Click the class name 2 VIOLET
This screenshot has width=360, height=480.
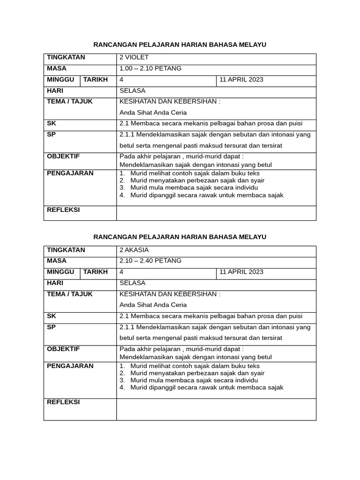pyautogui.click(x=134, y=57)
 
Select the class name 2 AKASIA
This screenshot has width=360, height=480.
pyautogui.click(x=134, y=250)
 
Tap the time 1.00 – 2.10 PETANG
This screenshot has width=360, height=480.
pyautogui.click(x=150, y=68)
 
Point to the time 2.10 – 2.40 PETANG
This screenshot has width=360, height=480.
pyautogui.click(x=150, y=261)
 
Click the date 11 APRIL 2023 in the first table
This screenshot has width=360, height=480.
pyautogui.click(x=241, y=80)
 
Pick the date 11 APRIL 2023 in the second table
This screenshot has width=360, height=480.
pyautogui.click(x=241, y=272)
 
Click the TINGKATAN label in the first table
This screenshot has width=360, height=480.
pyautogui.click(x=66, y=57)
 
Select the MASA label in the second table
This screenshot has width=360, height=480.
pyautogui.click(x=57, y=261)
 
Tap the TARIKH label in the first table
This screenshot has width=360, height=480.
pyautogui.click(x=96, y=79)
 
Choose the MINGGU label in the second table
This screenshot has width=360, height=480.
pyautogui.click(x=60, y=272)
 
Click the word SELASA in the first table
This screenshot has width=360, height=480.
pyautogui.click(x=133, y=91)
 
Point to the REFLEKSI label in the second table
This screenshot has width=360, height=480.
pyautogui.click(x=63, y=402)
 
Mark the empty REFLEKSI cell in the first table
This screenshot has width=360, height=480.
pyautogui.click(x=216, y=213)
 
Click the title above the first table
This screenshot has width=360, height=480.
pyautogui.click(x=180, y=45)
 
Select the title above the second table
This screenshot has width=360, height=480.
pyautogui.click(x=180, y=237)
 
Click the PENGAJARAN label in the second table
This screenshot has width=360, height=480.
pyautogui.click(x=70, y=366)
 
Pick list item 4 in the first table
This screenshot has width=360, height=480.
pyautogui.click(x=206, y=195)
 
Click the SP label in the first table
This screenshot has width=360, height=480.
pyautogui.click(x=51, y=134)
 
